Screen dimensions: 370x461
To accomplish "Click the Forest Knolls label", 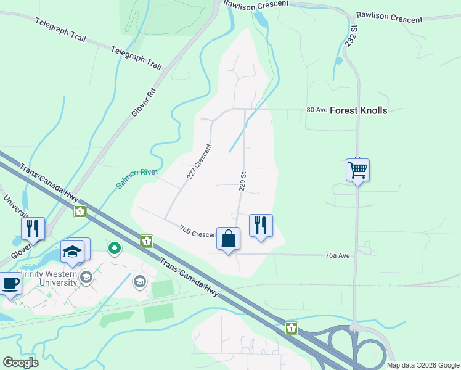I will click(359, 110).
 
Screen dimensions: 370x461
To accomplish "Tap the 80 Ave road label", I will click(316, 110).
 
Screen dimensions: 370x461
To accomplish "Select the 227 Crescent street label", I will click(199, 162).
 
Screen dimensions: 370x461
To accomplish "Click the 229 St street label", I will click(243, 181).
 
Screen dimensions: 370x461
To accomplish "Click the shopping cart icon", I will click(357, 169).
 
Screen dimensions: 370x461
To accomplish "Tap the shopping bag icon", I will click(228, 238).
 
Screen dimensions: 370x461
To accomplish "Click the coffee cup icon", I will click(10, 284).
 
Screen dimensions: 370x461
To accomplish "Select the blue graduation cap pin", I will click(72, 252).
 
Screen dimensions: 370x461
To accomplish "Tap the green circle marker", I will click(114, 249).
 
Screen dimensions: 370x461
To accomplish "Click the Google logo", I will click(20, 363).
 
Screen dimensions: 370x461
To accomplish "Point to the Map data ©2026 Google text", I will click(422, 365).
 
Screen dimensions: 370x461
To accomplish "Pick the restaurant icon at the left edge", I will click(33, 229).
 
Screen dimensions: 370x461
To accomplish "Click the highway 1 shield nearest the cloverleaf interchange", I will click(291, 328).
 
